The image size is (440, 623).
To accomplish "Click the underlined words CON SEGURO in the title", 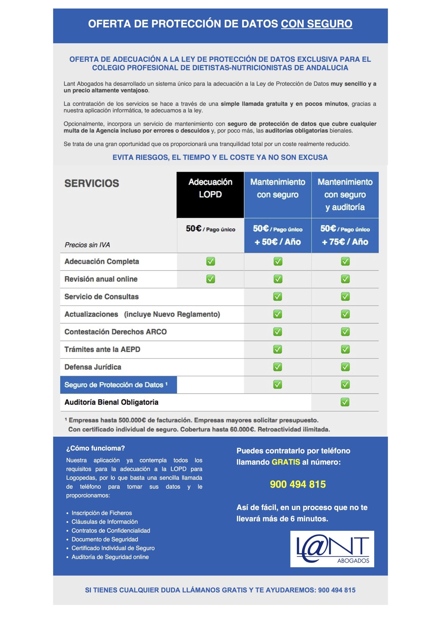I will click(316, 24).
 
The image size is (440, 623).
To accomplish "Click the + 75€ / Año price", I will click(345, 242).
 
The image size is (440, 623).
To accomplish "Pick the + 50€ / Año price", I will click(278, 242).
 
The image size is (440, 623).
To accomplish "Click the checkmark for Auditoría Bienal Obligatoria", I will click(345, 402).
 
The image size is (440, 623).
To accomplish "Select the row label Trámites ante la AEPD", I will click(102, 349).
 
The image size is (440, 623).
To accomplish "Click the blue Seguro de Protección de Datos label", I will click(116, 385).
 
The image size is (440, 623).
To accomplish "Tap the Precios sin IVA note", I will click(87, 245).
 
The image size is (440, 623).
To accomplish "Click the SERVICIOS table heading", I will click(92, 183).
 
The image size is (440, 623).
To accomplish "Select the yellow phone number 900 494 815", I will click(298, 484).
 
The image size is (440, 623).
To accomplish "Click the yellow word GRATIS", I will click(286, 462).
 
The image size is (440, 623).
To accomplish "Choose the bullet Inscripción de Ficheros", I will click(102, 513).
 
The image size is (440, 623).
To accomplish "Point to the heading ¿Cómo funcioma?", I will click(96, 448).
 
